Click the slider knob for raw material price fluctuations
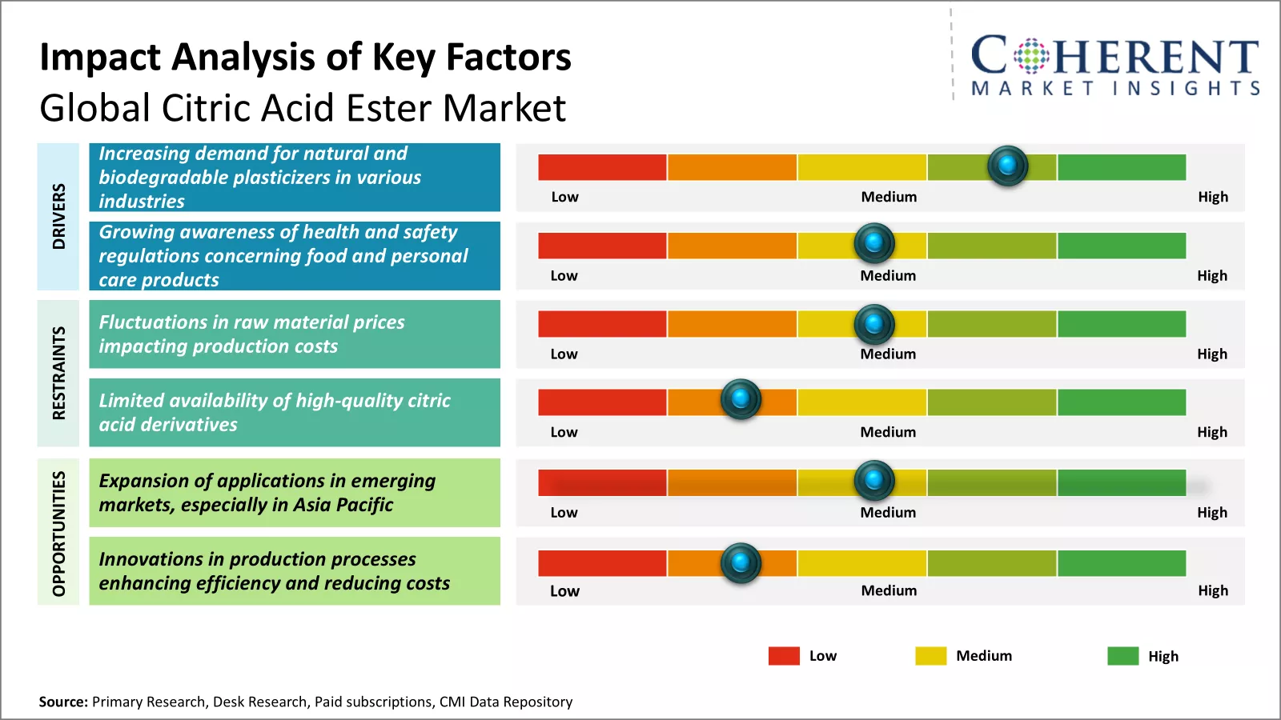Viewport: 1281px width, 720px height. click(x=874, y=324)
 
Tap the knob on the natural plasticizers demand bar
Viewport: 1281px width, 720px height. click(x=1007, y=166)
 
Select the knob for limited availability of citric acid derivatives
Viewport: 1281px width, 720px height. click(x=741, y=398)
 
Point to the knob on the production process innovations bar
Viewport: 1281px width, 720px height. click(x=741, y=562)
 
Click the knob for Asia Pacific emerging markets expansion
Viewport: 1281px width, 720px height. click(x=874, y=480)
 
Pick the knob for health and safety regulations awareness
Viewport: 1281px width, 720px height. click(x=874, y=242)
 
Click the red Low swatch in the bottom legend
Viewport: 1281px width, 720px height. click(x=784, y=656)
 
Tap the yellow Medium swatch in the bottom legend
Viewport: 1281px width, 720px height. click(x=930, y=656)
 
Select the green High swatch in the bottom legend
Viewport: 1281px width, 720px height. click(x=1122, y=656)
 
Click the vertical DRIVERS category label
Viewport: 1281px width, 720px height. click(x=58, y=216)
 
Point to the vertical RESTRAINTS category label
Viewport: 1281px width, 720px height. click(x=58, y=373)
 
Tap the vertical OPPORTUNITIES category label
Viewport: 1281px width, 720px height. click(x=58, y=533)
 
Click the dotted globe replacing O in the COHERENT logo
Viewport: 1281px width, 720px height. click(x=1030, y=56)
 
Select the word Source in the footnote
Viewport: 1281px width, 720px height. click(x=62, y=702)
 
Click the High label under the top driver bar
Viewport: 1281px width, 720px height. click(x=1212, y=197)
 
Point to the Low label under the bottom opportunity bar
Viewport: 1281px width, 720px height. click(x=564, y=591)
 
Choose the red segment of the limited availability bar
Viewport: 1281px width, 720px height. click(x=602, y=402)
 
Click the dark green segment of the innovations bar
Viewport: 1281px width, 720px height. click(x=1121, y=563)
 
